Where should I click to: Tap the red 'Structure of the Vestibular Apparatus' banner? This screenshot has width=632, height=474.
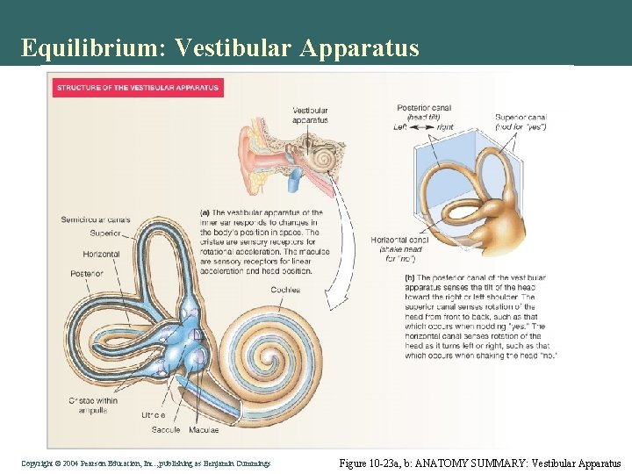[x=138, y=88]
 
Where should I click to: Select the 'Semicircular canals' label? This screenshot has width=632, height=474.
[x=96, y=219]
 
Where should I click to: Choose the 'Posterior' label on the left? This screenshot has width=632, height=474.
[x=87, y=273]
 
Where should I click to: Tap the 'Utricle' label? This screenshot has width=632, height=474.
[x=153, y=414]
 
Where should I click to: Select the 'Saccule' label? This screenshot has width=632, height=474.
[x=165, y=429]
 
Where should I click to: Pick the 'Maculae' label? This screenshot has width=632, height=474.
[x=205, y=429]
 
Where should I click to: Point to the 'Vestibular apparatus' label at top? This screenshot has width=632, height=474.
[x=311, y=114]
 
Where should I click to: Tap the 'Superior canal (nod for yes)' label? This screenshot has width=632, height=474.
[x=521, y=121]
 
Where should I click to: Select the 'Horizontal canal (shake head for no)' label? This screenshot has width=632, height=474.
[x=399, y=249]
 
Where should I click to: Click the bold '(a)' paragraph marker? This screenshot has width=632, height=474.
[x=205, y=212]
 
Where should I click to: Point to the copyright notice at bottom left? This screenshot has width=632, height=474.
[x=146, y=462]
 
